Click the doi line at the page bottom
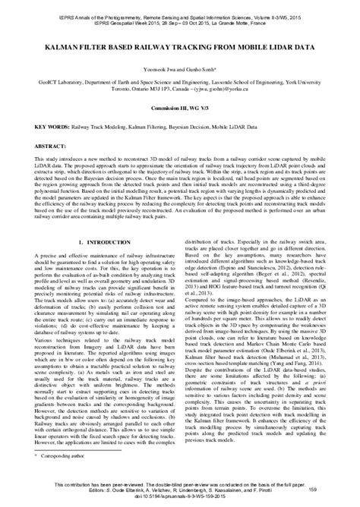(x=179, y=500)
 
